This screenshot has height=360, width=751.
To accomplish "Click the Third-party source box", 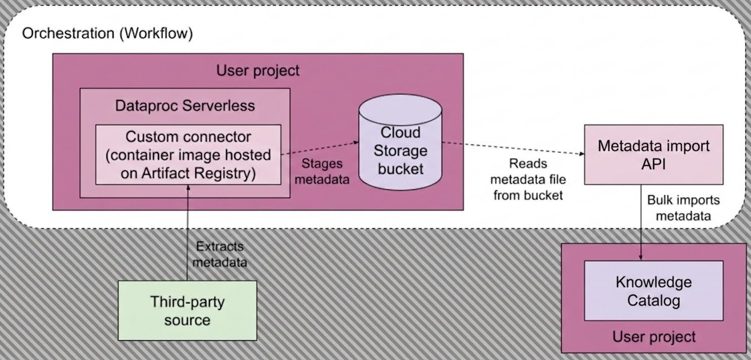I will (187, 311).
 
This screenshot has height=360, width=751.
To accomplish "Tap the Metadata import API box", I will (653, 155).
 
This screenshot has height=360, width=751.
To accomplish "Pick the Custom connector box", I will (188, 155).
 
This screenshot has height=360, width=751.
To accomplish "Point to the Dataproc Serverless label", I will (185, 106).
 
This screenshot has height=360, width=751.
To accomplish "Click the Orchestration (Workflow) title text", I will (108, 34).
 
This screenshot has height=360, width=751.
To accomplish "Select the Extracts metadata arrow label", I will (220, 254).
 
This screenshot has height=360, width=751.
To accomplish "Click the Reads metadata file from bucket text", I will (528, 179).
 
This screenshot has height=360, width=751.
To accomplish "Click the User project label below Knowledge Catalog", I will (654, 336).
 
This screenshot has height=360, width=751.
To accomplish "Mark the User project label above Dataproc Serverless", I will (258, 70).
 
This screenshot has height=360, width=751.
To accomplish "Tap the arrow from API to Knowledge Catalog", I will (640, 222).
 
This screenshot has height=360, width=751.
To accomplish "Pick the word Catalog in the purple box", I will (653, 301).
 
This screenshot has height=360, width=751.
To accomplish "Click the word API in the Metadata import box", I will (653, 164).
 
